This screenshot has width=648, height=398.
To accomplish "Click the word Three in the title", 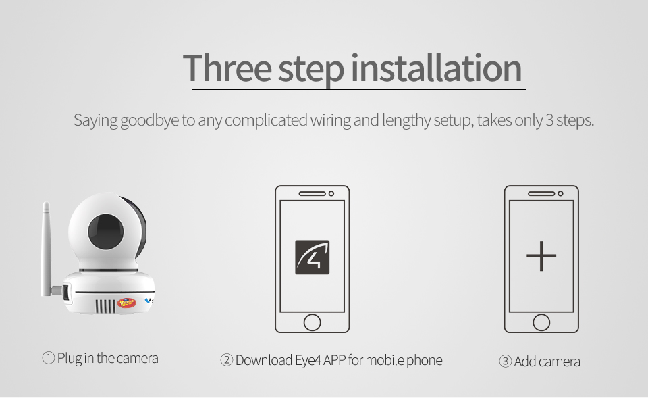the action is tap(227, 68).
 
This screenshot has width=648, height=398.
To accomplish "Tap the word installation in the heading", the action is tap(437, 68).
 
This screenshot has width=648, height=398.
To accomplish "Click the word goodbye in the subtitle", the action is tap(149, 121).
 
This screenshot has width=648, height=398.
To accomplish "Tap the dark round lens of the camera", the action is tap(106, 231).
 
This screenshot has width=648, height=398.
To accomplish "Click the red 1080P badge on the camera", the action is tap(127, 303).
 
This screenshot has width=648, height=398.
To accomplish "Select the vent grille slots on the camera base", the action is tap(106, 306).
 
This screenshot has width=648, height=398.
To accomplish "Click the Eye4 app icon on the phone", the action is tap(312, 257).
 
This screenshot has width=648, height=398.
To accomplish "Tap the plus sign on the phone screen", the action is tap(541, 256).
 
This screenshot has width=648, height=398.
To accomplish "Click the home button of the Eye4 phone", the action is tap(312, 322).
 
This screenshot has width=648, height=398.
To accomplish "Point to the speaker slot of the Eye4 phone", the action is tap(312, 194).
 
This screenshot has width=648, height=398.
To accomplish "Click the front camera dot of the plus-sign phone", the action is tap(560, 194).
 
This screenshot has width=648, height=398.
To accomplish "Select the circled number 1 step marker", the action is tap(49, 358).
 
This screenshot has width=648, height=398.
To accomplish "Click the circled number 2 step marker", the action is tap(227, 360).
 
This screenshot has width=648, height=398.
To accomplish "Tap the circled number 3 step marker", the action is tap(506, 362).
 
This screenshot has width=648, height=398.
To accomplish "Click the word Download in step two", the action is tap(264, 360).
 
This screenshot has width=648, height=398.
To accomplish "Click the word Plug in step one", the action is tap(70, 359).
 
